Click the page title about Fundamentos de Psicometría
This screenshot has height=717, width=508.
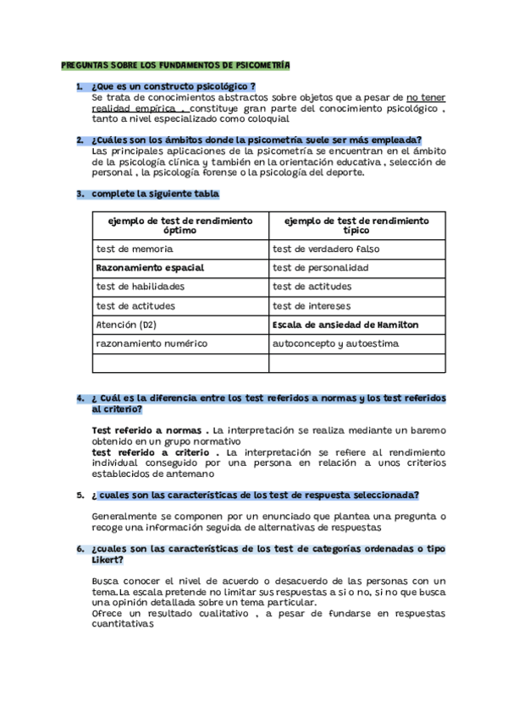click(175, 65)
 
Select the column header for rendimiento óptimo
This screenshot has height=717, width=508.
click(180, 225)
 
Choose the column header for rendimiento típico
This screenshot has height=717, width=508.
click(356, 225)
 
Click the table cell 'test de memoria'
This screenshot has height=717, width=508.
click(135, 249)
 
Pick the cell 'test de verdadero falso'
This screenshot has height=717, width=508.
click(326, 249)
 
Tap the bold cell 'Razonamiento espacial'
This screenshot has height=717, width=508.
click(150, 268)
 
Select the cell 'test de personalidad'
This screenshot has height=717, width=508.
click(320, 268)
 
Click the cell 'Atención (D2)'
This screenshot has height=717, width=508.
click(126, 324)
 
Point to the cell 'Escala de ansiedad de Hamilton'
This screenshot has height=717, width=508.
click(345, 324)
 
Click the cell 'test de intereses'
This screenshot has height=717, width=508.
click(312, 305)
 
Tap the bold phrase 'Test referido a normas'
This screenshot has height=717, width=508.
click(147, 430)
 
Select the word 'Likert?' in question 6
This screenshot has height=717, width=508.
click(107, 560)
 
